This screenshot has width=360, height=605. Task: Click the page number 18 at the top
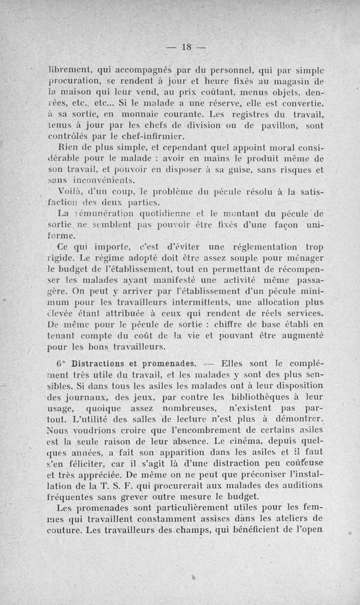tap(186, 47)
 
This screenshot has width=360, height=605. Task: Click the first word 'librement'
tap(69, 70)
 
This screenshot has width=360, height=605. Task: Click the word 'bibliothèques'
tap(256, 397)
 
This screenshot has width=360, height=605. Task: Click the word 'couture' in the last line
tap(63, 530)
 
